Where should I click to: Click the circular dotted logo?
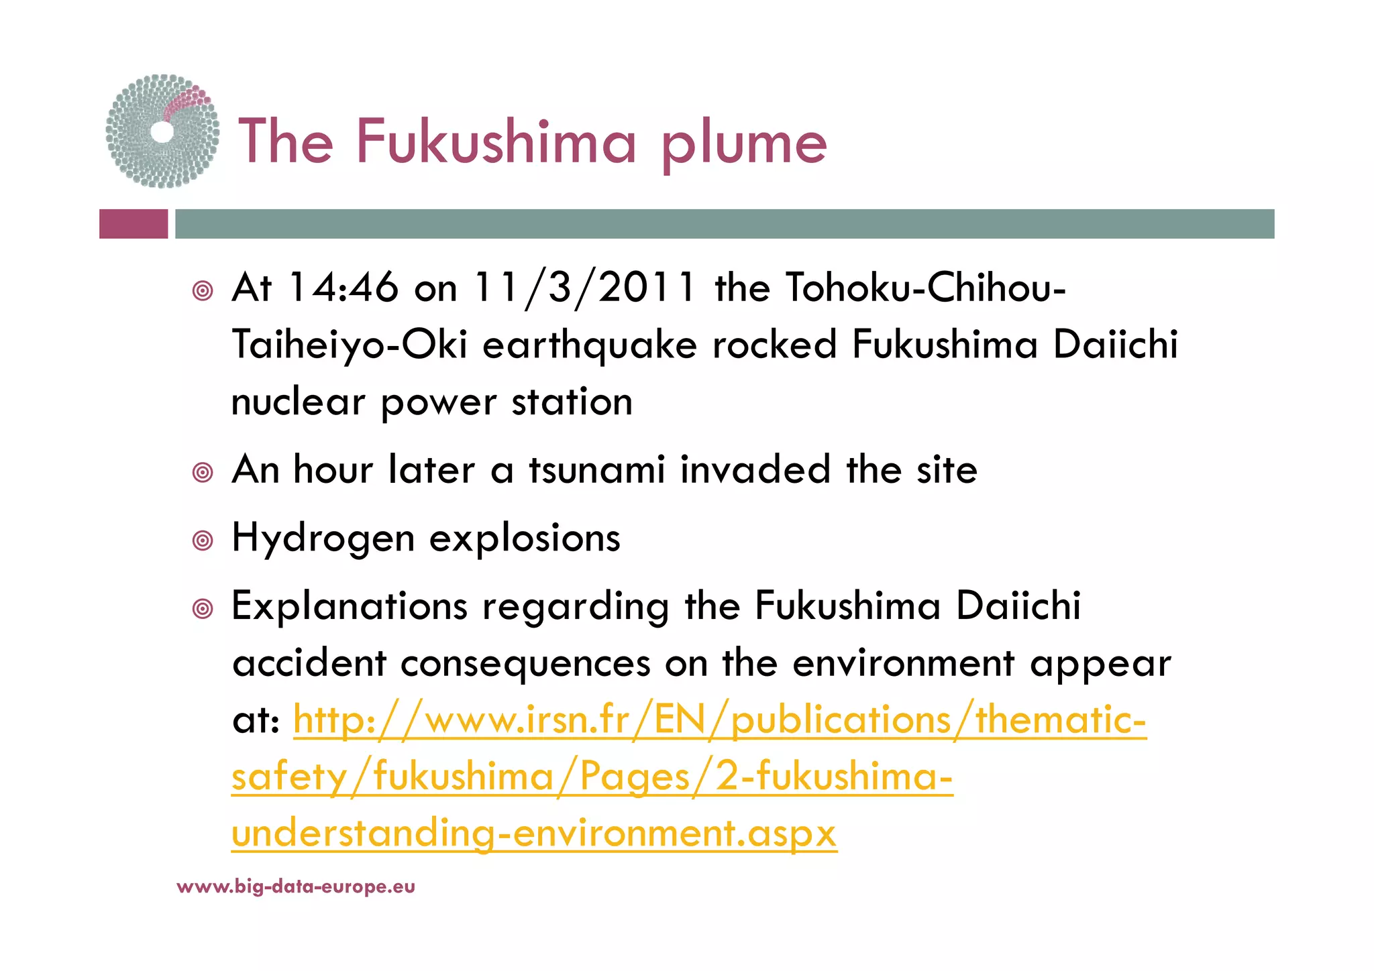[162, 131]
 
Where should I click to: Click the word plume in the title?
[744, 143]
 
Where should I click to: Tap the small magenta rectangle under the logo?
[134, 224]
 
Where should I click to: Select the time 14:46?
[343, 288]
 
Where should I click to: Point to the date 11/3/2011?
[584, 288]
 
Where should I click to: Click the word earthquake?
[590, 345]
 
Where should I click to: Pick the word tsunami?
[597, 469]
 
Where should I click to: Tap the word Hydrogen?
[323, 538]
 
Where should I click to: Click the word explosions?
[525, 538]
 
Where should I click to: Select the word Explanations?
[350, 606]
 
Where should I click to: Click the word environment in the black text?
[903, 663]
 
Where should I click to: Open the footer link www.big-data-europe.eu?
[296, 887]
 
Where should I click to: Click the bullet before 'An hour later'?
[203, 473]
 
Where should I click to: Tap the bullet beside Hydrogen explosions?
[203, 540]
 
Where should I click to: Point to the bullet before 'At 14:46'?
[203, 291]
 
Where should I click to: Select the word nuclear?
[298, 402]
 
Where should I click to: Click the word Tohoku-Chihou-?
[925, 288]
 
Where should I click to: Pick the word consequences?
[525, 663]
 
